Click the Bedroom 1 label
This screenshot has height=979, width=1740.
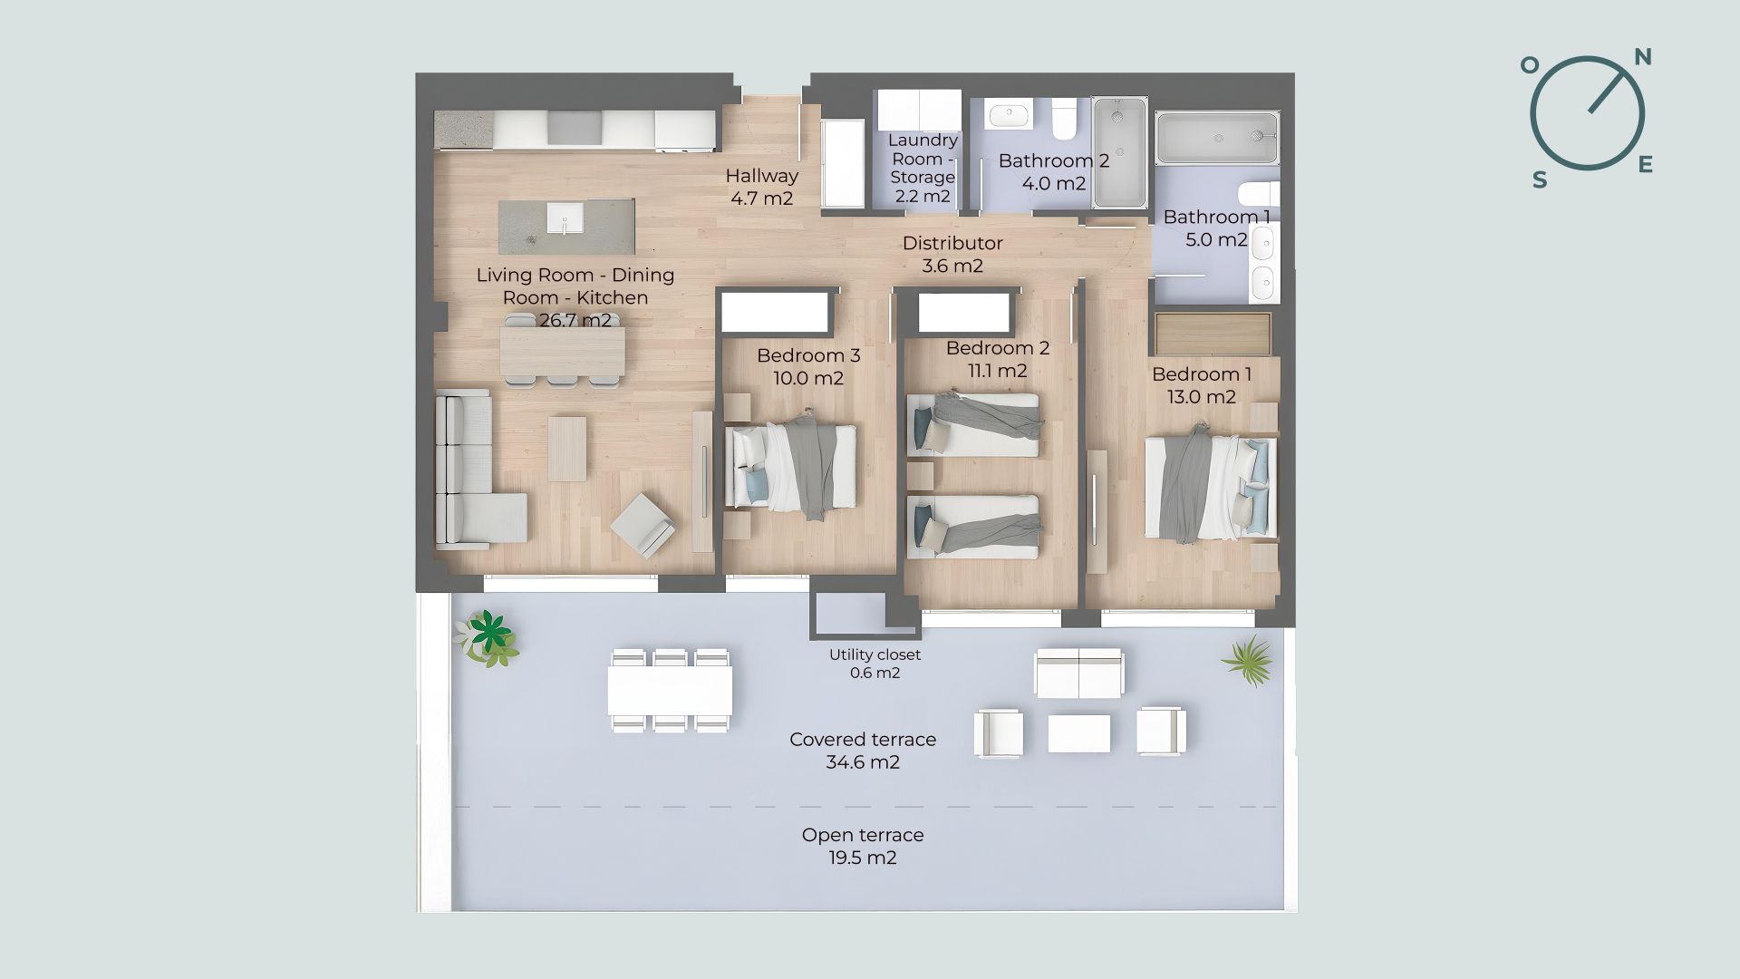pos(1201,374)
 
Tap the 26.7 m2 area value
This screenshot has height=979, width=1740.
pos(575,320)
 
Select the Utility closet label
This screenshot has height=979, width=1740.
pos(875,654)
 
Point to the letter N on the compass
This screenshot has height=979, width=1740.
pos(1642,58)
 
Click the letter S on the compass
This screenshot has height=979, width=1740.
pos(1540,180)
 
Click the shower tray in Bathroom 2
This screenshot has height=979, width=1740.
pos(1118,153)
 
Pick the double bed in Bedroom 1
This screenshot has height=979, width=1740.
pos(1210,488)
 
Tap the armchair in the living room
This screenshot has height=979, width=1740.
pos(643,524)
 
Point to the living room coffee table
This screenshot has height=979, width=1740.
pos(567,449)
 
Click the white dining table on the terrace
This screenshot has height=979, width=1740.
pos(671,691)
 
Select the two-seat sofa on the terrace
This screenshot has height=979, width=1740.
pos(1079,674)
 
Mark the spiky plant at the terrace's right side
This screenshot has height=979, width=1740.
pos(1248,659)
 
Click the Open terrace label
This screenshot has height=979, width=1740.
pos(863,835)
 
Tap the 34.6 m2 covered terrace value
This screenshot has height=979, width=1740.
pos(863,762)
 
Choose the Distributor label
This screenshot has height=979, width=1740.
pos(952,243)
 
